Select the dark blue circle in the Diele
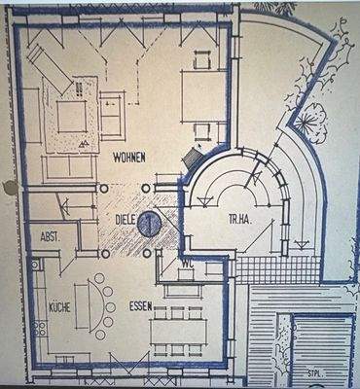pos(148,223)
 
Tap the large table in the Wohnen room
pos(203,98)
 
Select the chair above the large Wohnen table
pos(202,58)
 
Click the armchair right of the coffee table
pos(114,116)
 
